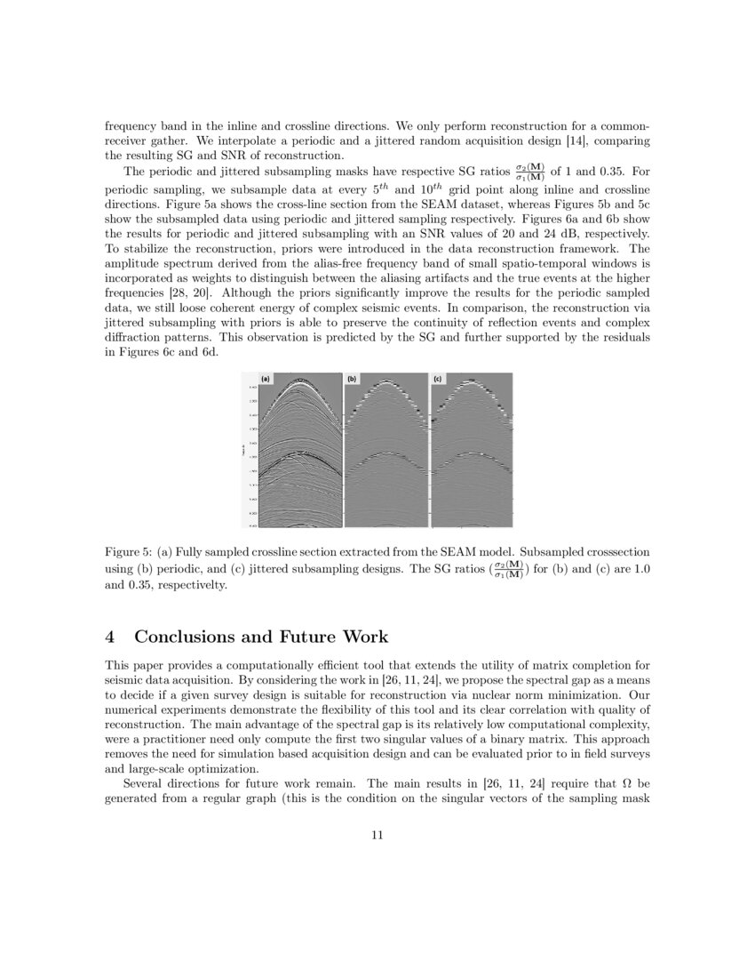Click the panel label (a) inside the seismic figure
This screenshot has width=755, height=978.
pyautogui.click(x=265, y=379)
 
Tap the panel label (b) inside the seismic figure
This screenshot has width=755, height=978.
pyautogui.click(x=352, y=379)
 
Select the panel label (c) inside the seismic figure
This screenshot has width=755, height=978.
pyautogui.click(x=437, y=379)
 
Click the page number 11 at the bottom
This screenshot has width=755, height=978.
pyautogui.click(x=377, y=835)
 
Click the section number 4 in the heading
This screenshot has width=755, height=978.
pyautogui.click(x=110, y=637)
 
